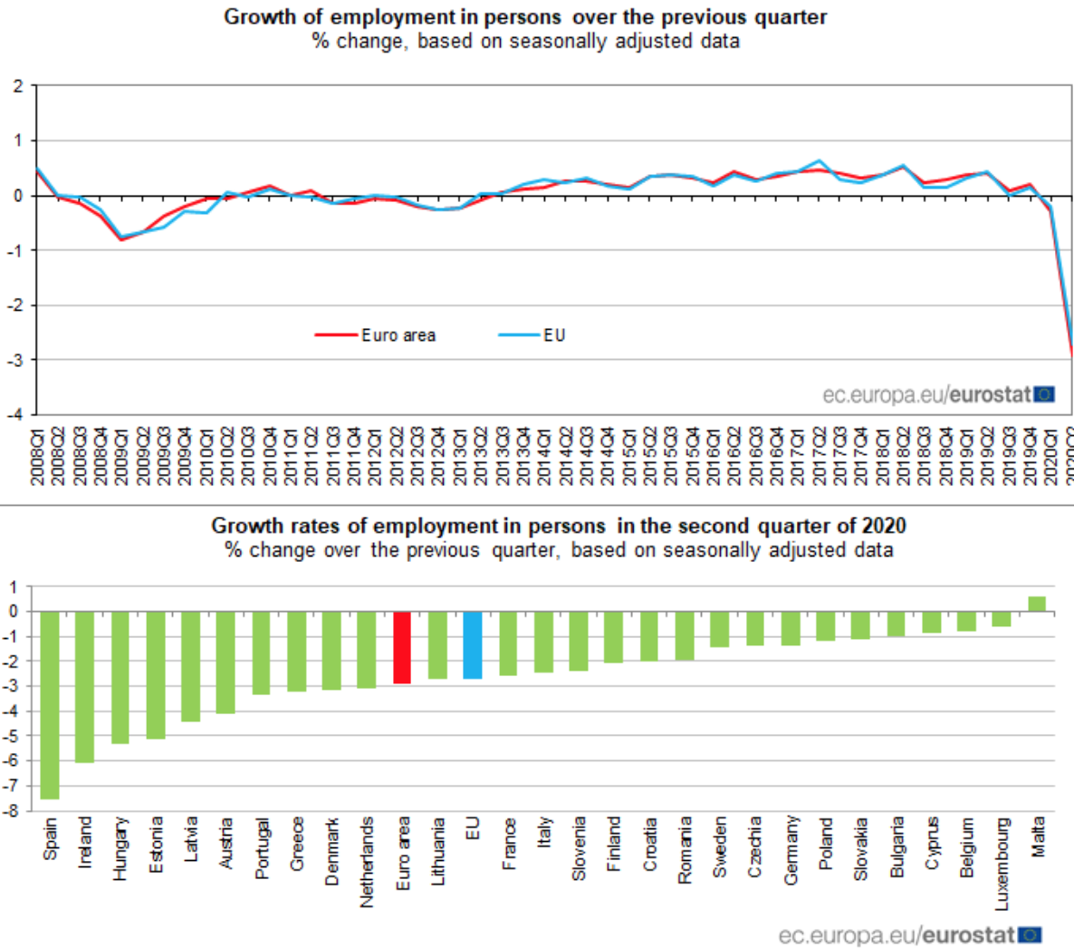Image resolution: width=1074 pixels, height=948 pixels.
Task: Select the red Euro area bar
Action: [x=402, y=647]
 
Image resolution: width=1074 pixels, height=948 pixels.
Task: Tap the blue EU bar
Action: [x=473, y=644]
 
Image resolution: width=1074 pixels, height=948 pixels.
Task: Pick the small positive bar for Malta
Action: [x=1037, y=604]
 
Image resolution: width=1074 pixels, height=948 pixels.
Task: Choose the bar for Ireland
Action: [x=85, y=686]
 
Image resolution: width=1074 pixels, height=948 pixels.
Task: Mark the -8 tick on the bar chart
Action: [x=13, y=811]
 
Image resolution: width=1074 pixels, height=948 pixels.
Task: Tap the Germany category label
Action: [x=791, y=849]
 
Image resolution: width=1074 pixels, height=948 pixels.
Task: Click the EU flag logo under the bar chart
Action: [x=1030, y=934]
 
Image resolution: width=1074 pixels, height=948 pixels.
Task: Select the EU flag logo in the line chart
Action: [x=1044, y=394]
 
